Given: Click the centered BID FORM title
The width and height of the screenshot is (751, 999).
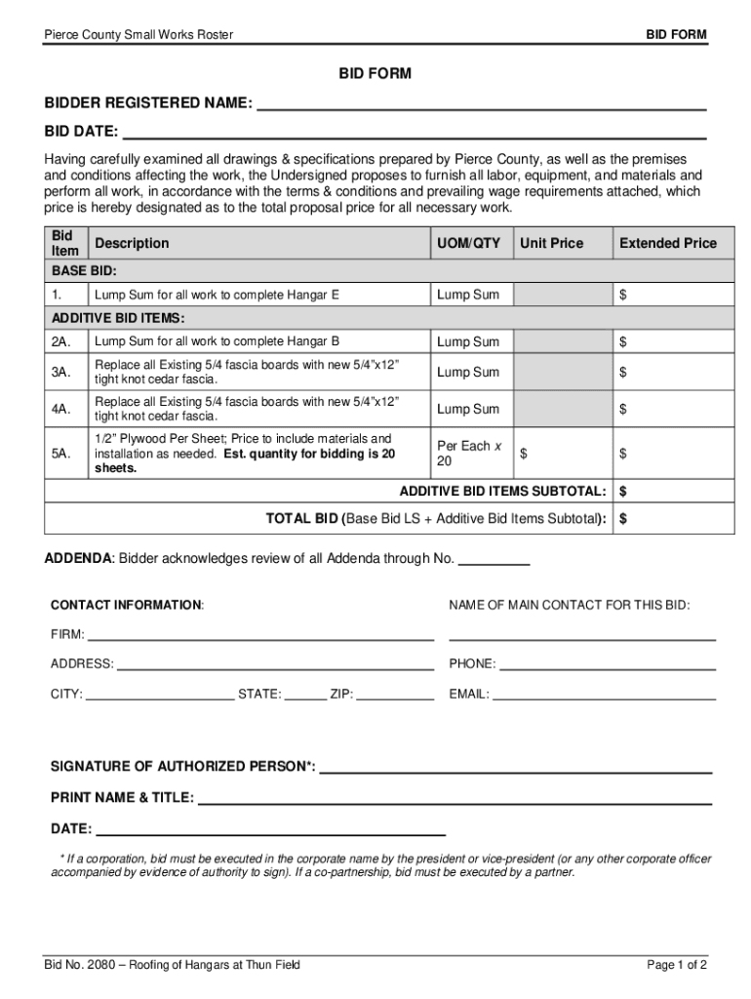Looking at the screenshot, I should [x=375, y=73].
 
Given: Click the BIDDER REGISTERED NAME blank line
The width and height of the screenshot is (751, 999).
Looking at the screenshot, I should [x=480, y=103].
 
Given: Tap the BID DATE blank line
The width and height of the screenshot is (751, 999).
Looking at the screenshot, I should [x=414, y=131].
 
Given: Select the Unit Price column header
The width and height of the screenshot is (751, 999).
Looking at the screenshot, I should [x=551, y=243].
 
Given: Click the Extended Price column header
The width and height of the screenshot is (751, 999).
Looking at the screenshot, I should [x=668, y=243].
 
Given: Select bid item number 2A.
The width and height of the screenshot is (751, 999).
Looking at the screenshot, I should [x=61, y=341].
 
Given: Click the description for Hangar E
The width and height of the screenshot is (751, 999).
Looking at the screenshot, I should [x=217, y=295].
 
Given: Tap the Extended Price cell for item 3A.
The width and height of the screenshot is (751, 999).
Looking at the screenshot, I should [x=672, y=372].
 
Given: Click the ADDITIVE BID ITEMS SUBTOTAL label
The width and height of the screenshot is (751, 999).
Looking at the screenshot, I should [x=502, y=490].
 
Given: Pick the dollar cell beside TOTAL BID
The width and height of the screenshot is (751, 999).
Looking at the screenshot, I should [x=672, y=519].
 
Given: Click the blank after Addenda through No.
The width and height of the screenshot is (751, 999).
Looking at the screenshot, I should [x=494, y=560].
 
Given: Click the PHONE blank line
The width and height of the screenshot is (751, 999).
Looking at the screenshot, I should [x=607, y=664].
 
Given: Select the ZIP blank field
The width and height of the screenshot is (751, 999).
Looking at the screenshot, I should [x=395, y=696].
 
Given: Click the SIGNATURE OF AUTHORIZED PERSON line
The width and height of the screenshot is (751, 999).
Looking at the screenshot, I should [x=515, y=767].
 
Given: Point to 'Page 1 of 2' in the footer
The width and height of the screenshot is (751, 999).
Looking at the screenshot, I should [x=677, y=965].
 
